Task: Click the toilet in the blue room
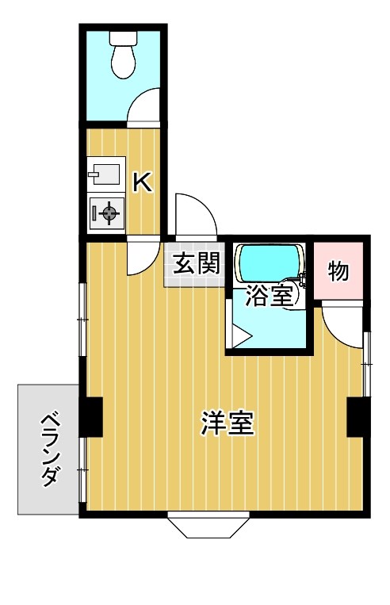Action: [123, 60]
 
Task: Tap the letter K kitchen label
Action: [142, 183]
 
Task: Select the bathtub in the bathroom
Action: [270, 261]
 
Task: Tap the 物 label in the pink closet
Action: [338, 271]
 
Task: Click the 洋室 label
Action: [227, 423]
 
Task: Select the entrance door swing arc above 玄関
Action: [193, 216]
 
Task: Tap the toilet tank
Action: [123, 36]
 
